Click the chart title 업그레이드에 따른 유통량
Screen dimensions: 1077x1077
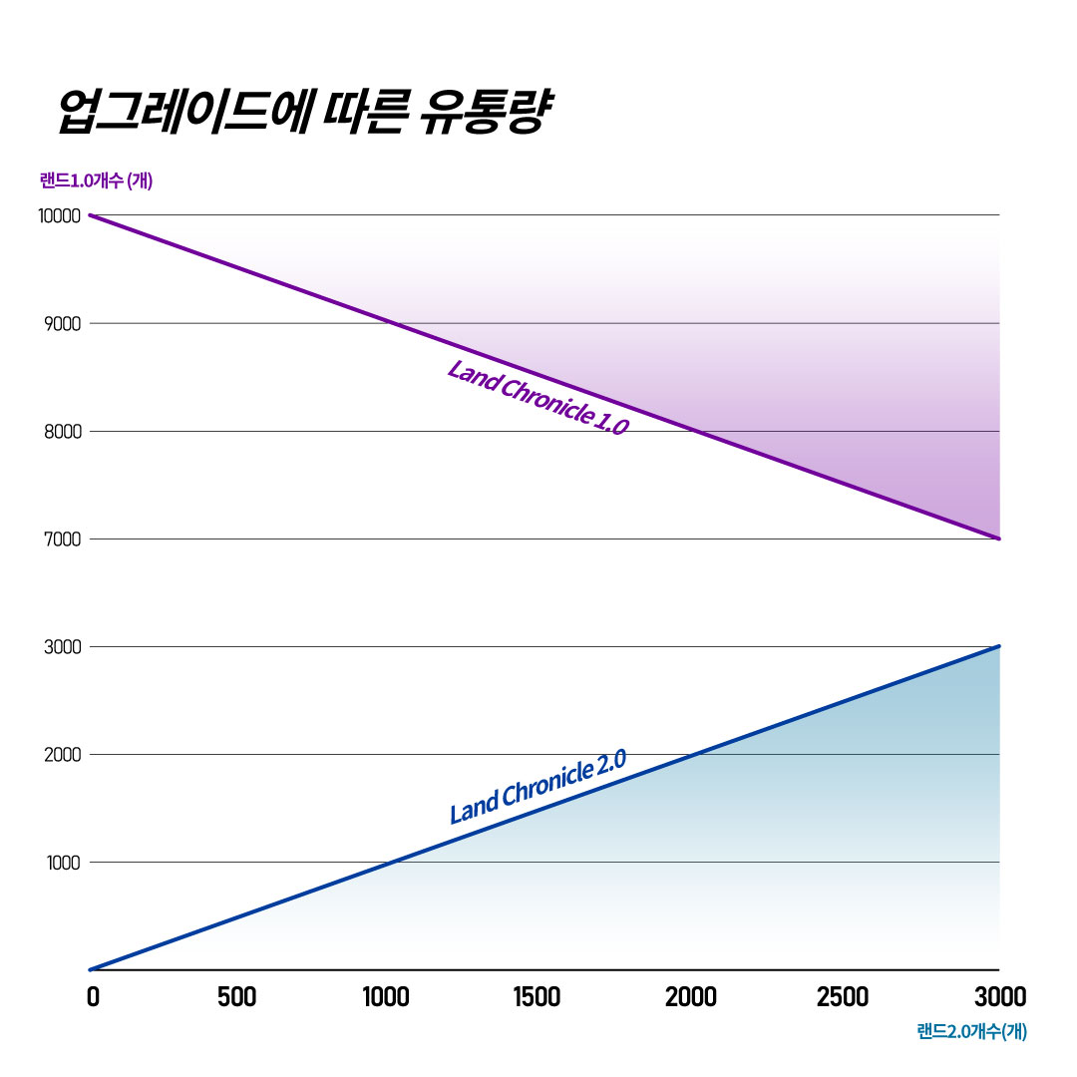pyautogui.click(x=299, y=113)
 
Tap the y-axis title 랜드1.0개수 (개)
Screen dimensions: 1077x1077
pyautogui.click(x=96, y=180)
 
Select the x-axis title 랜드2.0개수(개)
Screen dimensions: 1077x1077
pyautogui.click(x=971, y=1031)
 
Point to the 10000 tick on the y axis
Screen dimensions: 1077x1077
pyautogui.click(x=59, y=215)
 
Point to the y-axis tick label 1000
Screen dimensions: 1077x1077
pyautogui.click(x=63, y=863)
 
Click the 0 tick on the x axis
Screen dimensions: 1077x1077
pyautogui.click(x=93, y=996)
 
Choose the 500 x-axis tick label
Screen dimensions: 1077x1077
pyautogui.click(x=237, y=996)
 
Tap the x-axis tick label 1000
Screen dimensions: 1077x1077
pyautogui.click(x=385, y=996)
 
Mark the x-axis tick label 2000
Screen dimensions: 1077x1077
pyautogui.click(x=691, y=996)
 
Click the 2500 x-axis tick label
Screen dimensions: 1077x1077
pyautogui.click(x=843, y=996)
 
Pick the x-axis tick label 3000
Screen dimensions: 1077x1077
pyautogui.click(x=998, y=996)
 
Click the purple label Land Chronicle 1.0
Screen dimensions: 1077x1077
pyautogui.click(x=538, y=398)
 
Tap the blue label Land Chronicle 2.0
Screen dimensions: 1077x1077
pyautogui.click(x=538, y=788)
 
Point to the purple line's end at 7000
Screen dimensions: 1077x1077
pyautogui.click(x=998, y=538)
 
